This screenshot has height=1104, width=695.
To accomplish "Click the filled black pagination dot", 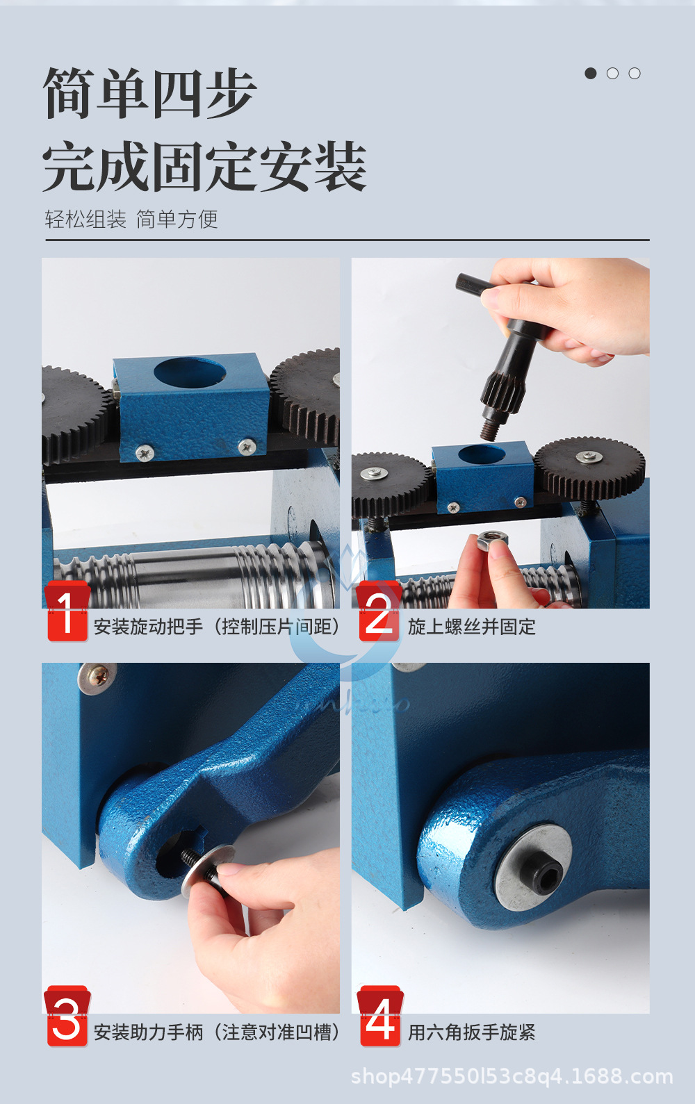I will click(591, 73).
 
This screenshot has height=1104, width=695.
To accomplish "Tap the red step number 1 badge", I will click(67, 613).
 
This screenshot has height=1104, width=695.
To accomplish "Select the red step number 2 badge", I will click(379, 613).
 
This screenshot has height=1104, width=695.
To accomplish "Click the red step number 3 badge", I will click(67, 1017).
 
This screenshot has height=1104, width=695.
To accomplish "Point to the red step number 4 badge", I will click(380, 1017).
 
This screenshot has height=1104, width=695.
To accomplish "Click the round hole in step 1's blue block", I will click(190, 372).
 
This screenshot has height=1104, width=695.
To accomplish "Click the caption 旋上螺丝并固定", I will click(471, 627).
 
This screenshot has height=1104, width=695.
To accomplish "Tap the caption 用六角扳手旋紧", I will click(471, 1032).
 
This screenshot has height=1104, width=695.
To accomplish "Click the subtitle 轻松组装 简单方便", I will click(131, 220).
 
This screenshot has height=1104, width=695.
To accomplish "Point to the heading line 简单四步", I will click(149, 94).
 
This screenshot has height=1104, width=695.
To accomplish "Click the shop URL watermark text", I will click(512, 1076).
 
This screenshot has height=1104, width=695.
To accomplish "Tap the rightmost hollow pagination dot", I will click(635, 73).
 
